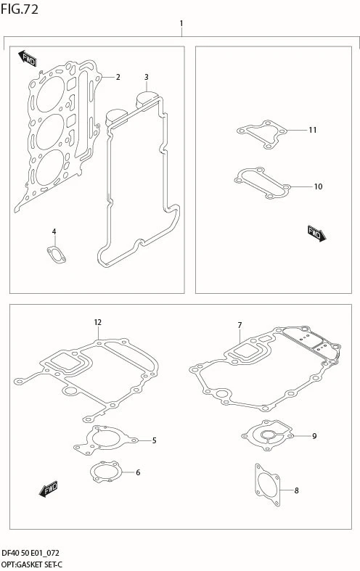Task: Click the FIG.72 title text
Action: coord(20,9)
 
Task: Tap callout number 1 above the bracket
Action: coord(181,24)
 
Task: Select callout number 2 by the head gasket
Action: coord(118,77)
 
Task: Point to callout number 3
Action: coord(146,77)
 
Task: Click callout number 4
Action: coord(54,231)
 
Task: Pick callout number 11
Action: coord(313,130)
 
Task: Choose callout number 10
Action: coord(318,186)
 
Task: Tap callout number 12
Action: coord(97,322)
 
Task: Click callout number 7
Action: coord(240,325)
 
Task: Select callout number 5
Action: coord(154,440)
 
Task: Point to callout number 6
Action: coord(138,472)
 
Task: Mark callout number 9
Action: coord(314,436)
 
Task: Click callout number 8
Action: coord(296,490)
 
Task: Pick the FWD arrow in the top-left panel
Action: coord(27,58)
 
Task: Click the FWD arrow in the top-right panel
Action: coord(316,234)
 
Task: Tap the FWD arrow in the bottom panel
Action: coord(48,489)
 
